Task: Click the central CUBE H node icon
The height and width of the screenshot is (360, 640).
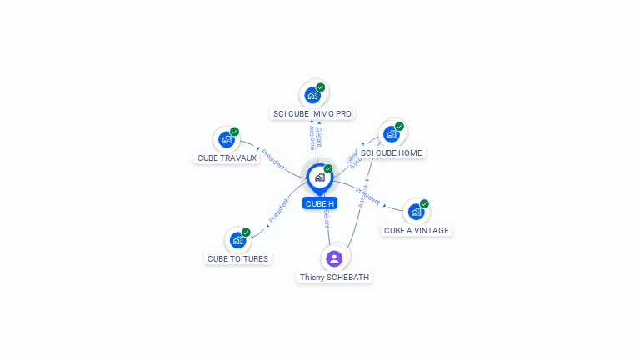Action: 318,177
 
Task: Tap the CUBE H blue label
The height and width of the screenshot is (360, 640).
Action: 320,203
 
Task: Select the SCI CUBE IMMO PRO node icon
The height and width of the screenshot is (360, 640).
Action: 312,94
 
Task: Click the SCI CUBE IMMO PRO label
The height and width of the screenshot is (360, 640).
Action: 312,113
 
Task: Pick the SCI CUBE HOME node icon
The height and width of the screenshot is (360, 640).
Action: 392,133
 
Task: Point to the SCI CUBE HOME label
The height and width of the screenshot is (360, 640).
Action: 392,153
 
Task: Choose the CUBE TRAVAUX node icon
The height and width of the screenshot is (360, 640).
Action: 227,138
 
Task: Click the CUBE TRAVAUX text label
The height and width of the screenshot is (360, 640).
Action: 227,158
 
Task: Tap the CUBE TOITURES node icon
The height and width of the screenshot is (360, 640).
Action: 238,240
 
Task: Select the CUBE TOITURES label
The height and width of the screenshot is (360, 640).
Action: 238,259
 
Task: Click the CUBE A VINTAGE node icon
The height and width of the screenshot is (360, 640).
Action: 416,212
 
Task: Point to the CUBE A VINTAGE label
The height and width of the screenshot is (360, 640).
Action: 417,231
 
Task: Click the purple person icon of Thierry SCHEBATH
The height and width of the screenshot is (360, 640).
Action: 334,258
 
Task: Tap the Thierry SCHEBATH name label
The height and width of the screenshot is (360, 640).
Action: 334,277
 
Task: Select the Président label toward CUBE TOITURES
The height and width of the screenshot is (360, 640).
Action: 278,212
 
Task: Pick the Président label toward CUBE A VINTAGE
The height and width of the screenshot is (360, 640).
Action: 368,196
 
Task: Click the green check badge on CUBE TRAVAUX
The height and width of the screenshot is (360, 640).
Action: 235,131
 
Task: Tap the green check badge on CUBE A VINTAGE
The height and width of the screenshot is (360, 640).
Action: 424,204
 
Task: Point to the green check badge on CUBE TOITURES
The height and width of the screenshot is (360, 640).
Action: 246,232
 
